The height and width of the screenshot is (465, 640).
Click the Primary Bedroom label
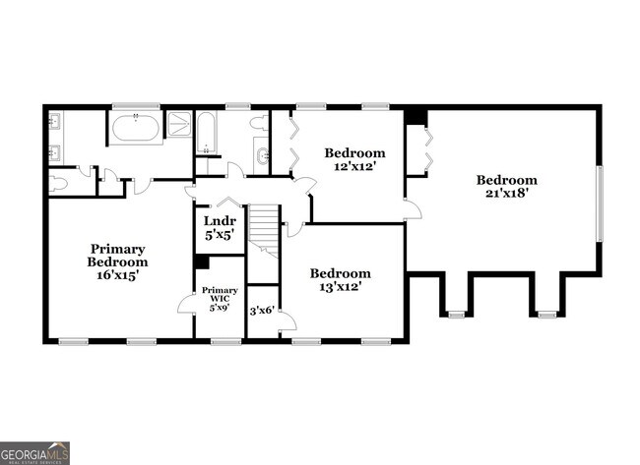pos(117,256)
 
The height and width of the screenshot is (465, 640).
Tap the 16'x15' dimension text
pos(117,275)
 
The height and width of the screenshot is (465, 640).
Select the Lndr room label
pos(218,221)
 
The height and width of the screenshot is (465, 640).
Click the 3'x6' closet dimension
pos(261,311)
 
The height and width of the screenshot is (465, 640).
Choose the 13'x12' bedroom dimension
pos(340,286)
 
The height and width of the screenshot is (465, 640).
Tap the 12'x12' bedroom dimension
pos(354,166)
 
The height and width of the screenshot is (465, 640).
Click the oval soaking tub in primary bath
pos(137,128)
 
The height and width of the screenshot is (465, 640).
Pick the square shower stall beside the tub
pos(179,124)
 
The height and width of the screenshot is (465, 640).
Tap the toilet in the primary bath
pos(58,182)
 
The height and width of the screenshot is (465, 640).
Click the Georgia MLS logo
pos(35,452)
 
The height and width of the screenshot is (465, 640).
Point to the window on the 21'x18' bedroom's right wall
pos(599,202)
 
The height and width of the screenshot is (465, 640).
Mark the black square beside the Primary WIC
pos(201,262)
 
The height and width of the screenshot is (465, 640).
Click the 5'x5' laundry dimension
pos(218,236)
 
